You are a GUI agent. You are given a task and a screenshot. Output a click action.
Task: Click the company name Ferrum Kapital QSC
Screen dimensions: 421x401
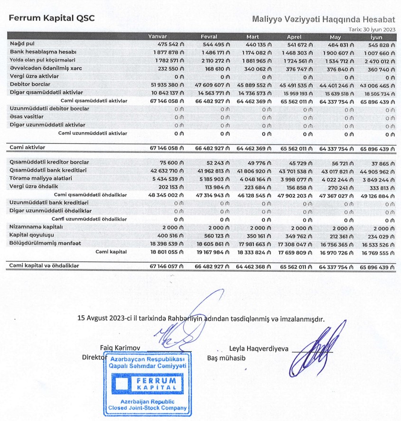click(52, 18)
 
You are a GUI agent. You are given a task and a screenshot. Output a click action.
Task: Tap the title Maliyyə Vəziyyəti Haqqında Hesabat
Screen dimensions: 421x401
click(324, 19)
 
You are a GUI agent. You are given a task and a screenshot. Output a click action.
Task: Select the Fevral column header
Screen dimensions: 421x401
click(209, 37)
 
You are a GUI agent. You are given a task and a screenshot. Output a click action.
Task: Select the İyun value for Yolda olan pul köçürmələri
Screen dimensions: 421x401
click(378, 60)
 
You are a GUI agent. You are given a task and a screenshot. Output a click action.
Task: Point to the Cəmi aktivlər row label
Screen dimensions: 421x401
click(28, 148)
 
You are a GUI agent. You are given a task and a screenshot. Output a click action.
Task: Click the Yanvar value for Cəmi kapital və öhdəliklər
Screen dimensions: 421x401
click(167, 267)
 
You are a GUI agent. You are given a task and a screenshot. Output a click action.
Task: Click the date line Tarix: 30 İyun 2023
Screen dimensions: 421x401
click(372, 29)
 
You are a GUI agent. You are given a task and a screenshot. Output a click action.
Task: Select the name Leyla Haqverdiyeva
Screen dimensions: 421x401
click(259, 348)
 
